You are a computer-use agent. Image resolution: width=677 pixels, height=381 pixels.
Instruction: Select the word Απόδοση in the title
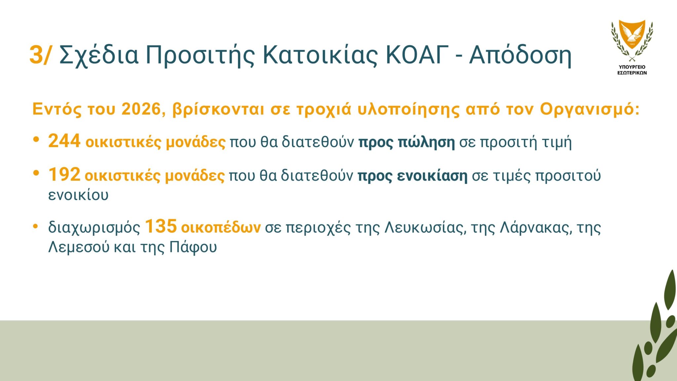point(520,55)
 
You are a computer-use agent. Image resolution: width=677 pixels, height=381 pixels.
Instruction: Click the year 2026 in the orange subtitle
point(141,109)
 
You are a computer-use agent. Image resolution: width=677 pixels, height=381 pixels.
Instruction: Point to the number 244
point(64,141)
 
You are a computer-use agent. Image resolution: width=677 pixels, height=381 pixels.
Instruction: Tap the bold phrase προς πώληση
point(407,142)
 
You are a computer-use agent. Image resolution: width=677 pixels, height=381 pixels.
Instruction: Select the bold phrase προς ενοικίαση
point(413,176)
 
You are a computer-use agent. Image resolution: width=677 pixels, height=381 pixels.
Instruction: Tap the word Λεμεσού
point(79,247)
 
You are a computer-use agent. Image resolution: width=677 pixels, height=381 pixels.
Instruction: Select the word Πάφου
point(193,247)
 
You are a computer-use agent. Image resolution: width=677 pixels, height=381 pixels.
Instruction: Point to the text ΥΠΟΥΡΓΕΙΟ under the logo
point(632,67)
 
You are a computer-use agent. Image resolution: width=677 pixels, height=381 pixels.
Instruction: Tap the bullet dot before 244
point(36,139)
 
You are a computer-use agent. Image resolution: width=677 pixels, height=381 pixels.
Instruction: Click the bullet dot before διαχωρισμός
point(36,226)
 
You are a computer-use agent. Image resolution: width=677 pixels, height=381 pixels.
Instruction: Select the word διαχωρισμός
point(94,228)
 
